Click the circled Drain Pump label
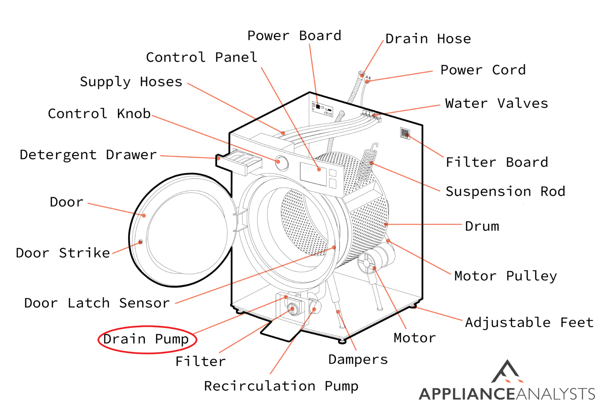coord(146,339)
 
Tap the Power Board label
coord(294,36)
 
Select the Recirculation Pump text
coord(281,386)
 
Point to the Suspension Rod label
coord(505,191)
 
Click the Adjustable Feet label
coord(529,322)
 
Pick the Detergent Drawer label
coord(88,155)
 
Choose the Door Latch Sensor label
coord(97,303)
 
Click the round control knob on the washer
coord(282,162)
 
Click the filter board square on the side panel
coord(405,133)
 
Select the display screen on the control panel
coord(313,174)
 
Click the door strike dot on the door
coord(141,242)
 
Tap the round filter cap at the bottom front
coord(293,309)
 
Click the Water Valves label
coord(496,104)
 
